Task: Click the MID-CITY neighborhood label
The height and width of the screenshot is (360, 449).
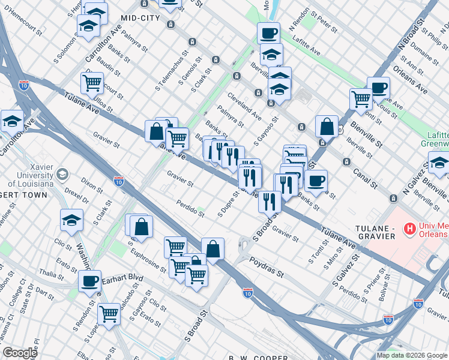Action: pos(140,19)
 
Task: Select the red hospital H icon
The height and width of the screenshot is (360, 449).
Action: pos(410,228)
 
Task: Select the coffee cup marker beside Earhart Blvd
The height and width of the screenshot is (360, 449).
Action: pos(90,281)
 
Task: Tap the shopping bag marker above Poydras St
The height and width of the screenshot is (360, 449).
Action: pos(212,248)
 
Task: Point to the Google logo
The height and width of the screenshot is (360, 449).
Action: pos(20,353)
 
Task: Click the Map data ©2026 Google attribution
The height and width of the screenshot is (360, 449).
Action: pos(412,355)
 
